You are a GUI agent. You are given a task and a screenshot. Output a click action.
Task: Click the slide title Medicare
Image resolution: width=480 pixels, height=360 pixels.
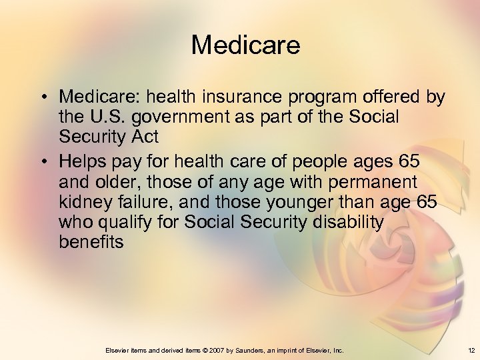245,45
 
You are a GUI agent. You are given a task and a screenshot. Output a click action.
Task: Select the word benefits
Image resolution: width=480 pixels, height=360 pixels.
91,241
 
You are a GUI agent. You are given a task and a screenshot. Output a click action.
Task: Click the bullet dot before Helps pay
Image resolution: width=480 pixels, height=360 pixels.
41,162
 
